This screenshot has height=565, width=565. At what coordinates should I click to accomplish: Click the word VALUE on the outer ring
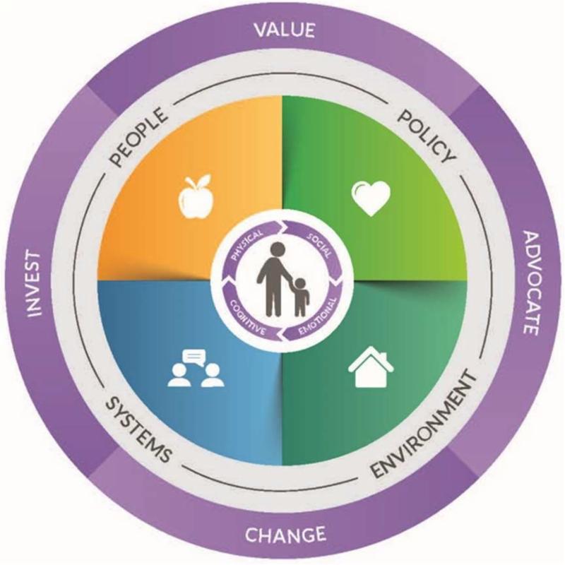(x=282, y=30)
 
